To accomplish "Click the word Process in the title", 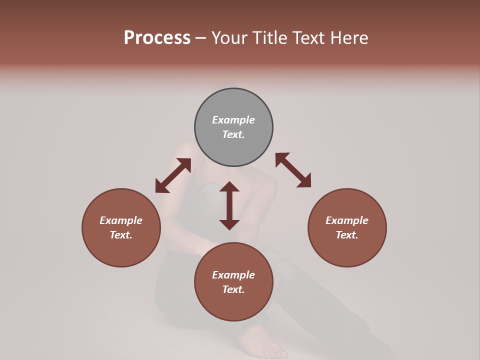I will [x=157, y=38].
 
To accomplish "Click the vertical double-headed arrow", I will [x=229, y=205].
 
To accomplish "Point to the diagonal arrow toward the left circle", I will [x=173, y=175].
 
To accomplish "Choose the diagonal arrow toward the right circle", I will [x=293, y=170].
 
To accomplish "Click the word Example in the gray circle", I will [x=233, y=120].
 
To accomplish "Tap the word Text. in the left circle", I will [x=121, y=235].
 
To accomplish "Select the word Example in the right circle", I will [x=347, y=220].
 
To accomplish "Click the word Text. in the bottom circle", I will [x=233, y=289].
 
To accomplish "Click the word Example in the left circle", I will [x=121, y=220].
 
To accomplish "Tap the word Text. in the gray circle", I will [x=233, y=134].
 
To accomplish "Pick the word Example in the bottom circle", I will [x=233, y=275].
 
